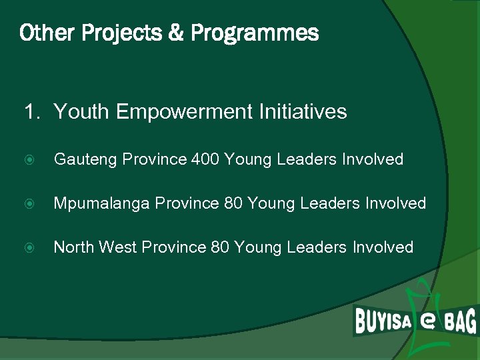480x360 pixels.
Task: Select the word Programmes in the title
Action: tap(255, 33)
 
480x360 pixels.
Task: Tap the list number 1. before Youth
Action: tap(33, 111)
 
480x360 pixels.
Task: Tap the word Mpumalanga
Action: tap(102, 203)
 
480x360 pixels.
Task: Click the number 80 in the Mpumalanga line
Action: tap(233, 203)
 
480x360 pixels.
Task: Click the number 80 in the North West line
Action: tap(220, 247)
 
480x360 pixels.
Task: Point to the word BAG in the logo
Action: tap(460, 322)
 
